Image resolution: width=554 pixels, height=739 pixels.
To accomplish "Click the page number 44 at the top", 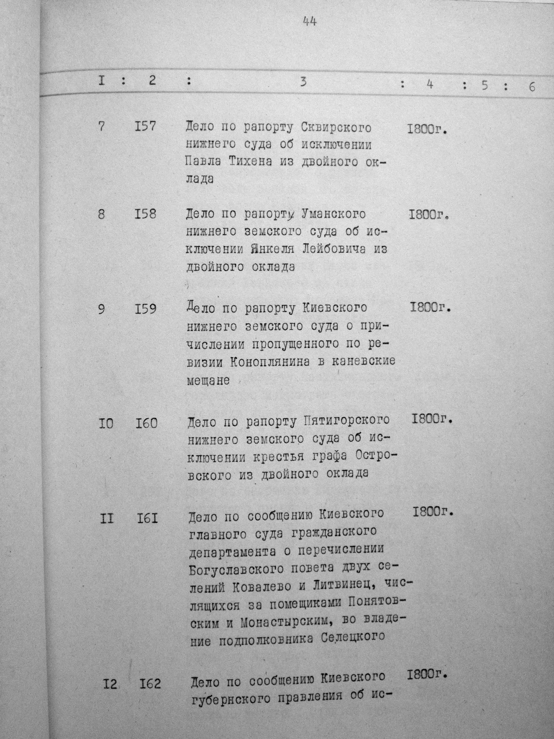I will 309,22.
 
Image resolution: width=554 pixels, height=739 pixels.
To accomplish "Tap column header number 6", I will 532,86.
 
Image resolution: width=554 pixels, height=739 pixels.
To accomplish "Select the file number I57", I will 145,127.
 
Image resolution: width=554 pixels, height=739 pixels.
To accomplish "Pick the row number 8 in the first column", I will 101,214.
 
